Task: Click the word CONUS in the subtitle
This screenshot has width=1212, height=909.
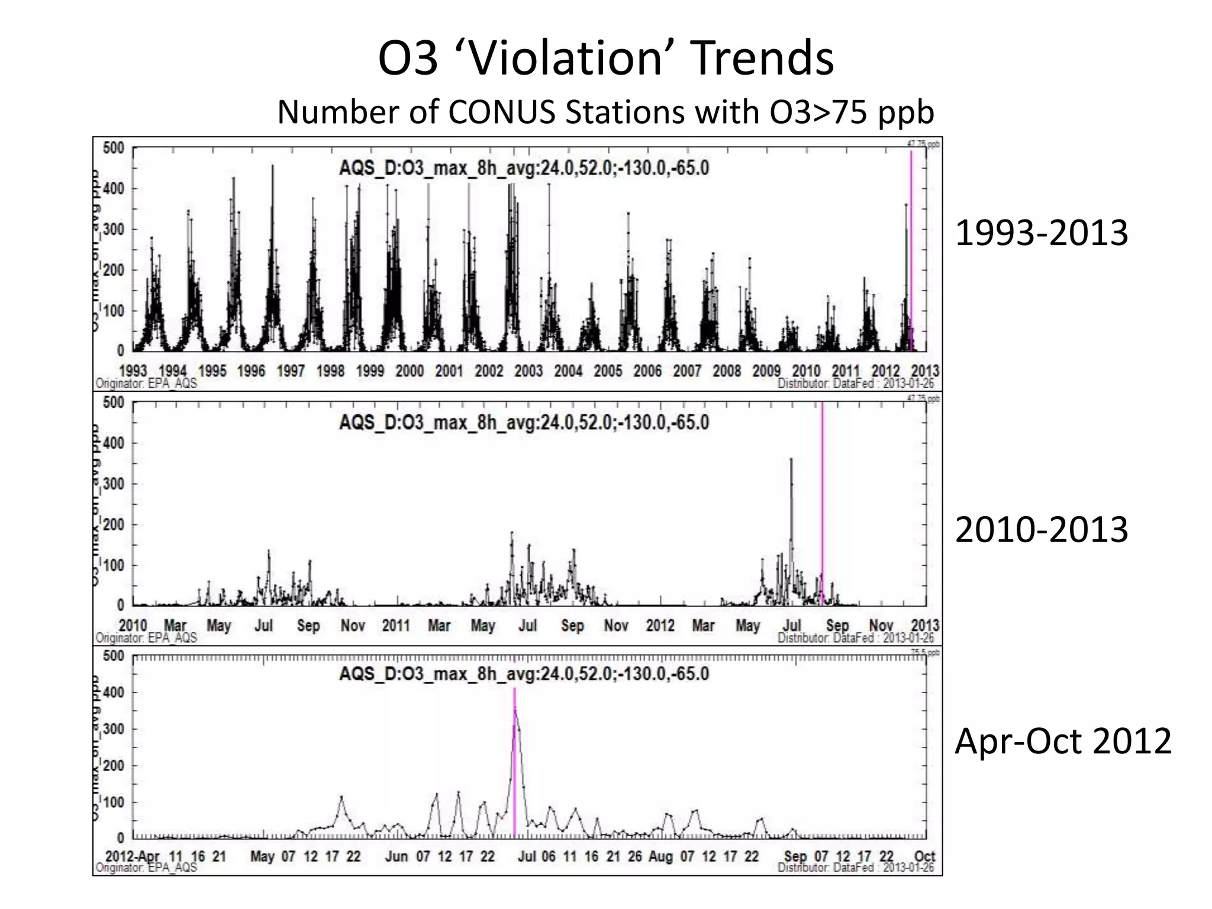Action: click(x=501, y=112)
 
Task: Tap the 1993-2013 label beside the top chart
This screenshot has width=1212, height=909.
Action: click(x=1041, y=233)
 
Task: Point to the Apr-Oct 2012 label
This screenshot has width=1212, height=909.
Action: click(x=1062, y=740)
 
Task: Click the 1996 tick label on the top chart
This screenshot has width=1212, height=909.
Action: click(x=252, y=371)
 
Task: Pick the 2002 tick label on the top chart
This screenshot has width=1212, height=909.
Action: click(x=489, y=371)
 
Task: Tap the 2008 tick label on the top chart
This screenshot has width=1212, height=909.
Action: click(x=727, y=371)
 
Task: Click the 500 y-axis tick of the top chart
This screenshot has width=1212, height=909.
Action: click(x=113, y=148)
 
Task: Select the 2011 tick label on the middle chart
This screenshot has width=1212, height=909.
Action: click(x=396, y=626)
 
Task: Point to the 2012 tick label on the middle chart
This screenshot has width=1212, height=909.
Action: click(x=660, y=626)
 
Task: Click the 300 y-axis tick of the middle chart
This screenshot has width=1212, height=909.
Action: click(x=113, y=484)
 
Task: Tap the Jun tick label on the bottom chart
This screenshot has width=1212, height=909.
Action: click(x=397, y=856)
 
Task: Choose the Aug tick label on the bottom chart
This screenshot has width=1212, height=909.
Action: click(x=660, y=856)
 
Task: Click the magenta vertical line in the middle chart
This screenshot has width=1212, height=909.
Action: click(x=822, y=503)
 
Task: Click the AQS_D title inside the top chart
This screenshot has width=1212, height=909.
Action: click(x=524, y=168)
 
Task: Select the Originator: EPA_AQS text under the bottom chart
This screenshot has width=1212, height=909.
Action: click(x=146, y=868)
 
